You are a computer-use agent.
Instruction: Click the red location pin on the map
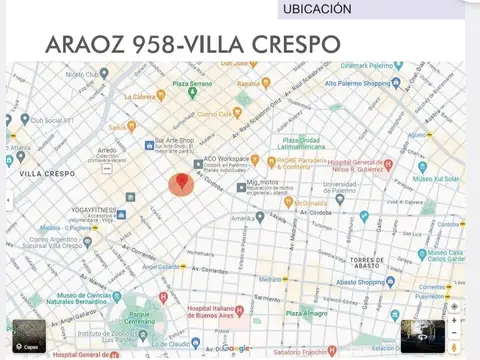[x=181, y=184]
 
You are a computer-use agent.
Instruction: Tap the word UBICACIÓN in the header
[x=318, y=9]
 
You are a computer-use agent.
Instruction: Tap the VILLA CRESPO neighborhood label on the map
[x=46, y=173]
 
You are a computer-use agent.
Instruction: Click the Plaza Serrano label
[x=196, y=83]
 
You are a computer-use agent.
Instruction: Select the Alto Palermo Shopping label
[x=357, y=83]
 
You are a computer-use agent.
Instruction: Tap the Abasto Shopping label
[x=359, y=282]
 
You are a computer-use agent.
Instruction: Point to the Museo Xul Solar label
[x=439, y=179]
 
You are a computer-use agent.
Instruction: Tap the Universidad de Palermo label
[x=340, y=187]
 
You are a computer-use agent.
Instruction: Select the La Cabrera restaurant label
[x=141, y=97]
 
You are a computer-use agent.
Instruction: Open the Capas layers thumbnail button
[x=28, y=335]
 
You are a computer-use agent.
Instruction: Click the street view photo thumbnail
[x=422, y=336]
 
